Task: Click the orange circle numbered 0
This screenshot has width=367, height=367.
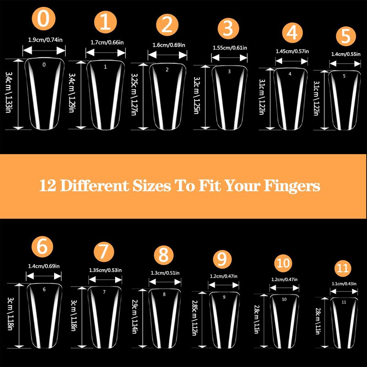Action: click(44, 19)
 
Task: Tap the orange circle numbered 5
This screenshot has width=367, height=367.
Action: click(346, 36)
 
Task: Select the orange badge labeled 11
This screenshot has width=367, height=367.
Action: click(343, 268)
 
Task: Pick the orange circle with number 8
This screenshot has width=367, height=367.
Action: click(164, 255)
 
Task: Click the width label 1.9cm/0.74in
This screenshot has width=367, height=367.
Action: click(45, 40)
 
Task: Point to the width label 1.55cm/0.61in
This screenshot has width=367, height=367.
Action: click(230, 48)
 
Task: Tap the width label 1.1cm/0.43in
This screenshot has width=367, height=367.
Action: click(344, 284)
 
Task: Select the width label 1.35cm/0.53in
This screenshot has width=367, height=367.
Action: click(106, 270)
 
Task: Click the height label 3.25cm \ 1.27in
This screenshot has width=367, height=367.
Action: click(133, 95)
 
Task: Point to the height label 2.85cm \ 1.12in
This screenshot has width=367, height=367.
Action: click(195, 318)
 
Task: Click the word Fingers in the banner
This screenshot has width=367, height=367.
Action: click(292, 186)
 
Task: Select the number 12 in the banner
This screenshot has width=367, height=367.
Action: click(48, 186)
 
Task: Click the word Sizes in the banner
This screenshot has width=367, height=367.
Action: click(152, 186)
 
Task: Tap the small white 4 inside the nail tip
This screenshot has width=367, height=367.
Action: click(290, 74)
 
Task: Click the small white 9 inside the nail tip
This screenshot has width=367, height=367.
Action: click(224, 297)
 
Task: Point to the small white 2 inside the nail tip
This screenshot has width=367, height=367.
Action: click(167, 70)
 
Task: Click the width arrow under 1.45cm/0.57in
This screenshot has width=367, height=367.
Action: click(291, 61)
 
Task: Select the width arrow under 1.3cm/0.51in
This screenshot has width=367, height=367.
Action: click(165, 282)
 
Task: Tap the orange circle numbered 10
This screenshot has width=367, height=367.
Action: click(283, 263)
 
